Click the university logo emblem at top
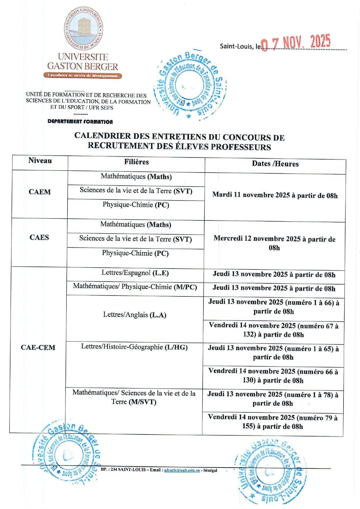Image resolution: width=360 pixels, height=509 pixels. [x=83, y=28]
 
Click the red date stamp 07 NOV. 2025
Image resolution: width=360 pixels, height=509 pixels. [x=296, y=43]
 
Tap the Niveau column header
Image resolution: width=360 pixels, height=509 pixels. [x=40, y=161]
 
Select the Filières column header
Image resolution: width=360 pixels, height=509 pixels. [x=136, y=162]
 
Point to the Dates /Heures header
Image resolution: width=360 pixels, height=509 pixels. [x=275, y=164]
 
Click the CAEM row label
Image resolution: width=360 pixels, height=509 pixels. [x=40, y=192]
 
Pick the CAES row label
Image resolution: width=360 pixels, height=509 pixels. [x=39, y=237]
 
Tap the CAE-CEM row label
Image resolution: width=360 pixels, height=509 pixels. [x=38, y=347]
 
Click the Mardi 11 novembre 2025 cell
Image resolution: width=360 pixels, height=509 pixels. [x=275, y=195]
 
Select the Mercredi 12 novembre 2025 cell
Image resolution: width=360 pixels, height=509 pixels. [x=274, y=243]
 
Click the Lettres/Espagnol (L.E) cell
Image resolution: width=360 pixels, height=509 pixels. [x=135, y=273]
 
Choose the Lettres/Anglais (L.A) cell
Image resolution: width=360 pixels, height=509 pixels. [x=135, y=315]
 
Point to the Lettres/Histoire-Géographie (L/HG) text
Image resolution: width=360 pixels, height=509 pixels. [x=134, y=347]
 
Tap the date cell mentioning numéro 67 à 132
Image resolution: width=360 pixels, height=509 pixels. [x=273, y=330]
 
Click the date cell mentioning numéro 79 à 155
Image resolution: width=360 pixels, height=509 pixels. [x=273, y=422]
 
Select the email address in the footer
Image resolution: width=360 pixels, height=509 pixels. [x=182, y=470]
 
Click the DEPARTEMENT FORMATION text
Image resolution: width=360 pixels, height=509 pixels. [x=80, y=122]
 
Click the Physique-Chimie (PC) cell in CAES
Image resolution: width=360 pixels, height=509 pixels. [x=135, y=253]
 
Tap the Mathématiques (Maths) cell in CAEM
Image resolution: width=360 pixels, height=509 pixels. [x=136, y=176]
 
